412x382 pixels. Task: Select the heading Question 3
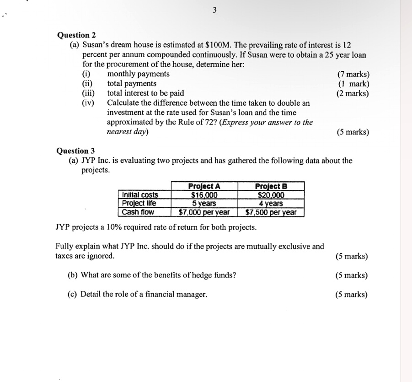pos(75,151)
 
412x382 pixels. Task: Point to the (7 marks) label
pos(353,74)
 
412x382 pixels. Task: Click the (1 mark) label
pos(354,84)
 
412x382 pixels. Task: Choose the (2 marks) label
pos(353,93)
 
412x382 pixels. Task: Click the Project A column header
pos(204,186)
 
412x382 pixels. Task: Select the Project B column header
pos(271,186)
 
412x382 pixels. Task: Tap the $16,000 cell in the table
pos(204,195)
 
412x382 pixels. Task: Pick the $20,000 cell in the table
pos(271,195)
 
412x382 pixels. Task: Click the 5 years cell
pos(204,203)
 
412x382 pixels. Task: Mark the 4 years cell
pos(271,203)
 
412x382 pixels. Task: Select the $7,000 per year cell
pos(204,212)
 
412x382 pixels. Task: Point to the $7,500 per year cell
pos(271,212)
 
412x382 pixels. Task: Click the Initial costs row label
pos(140,195)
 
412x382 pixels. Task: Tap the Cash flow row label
pos(138,212)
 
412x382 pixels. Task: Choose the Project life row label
pos(139,203)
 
